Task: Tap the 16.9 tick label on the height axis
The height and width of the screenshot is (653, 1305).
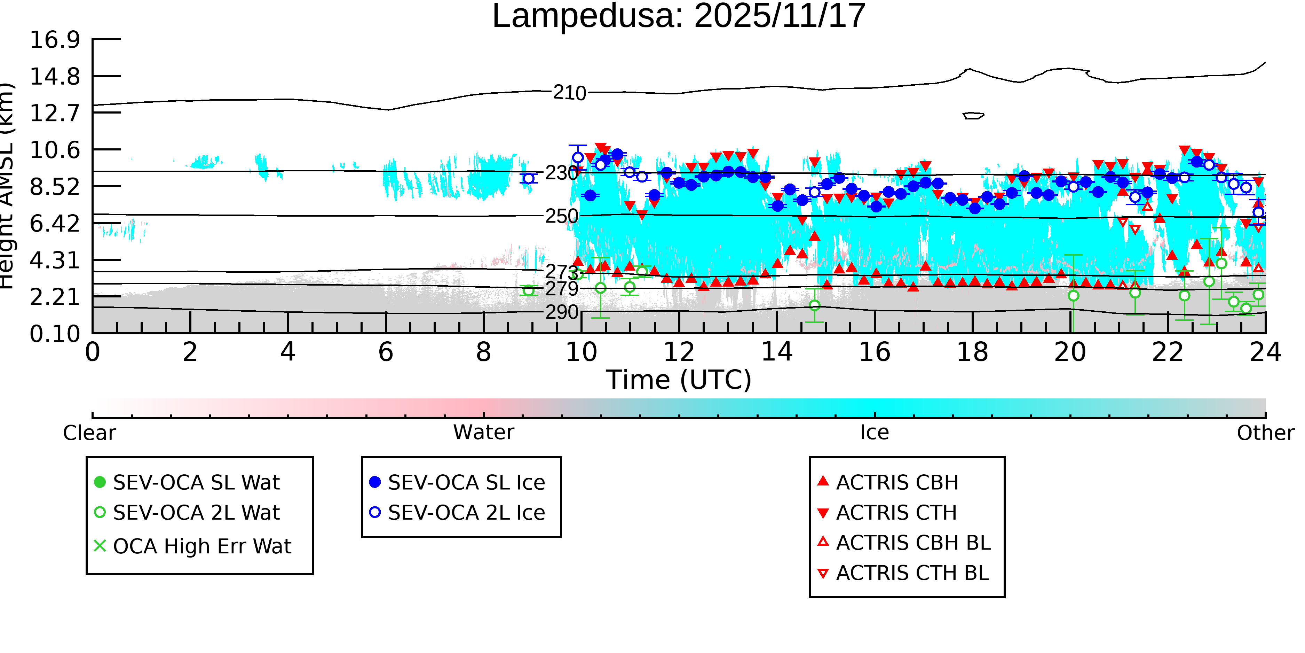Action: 55,40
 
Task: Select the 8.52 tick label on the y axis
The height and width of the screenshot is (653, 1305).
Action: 55,187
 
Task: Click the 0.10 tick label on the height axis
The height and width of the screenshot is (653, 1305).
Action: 55,334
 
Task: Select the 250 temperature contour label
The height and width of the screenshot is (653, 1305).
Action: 561,217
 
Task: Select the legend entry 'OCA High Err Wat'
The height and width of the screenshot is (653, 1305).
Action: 201,546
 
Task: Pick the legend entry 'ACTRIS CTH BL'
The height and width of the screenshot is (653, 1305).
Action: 912,573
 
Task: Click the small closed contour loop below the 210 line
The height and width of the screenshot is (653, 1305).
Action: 973,116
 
